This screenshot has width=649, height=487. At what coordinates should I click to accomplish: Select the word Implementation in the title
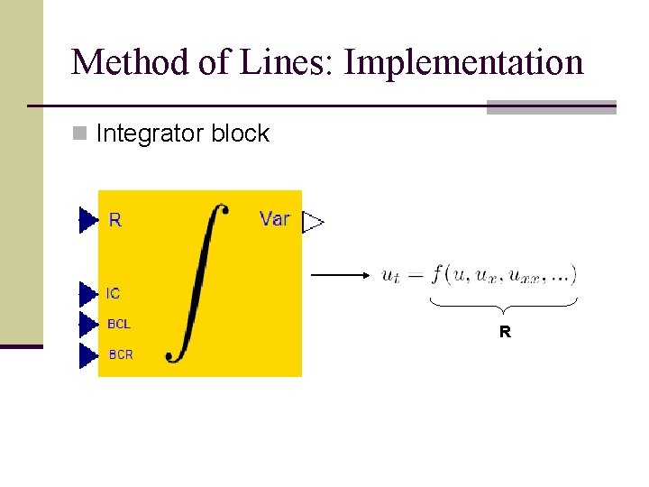(464, 63)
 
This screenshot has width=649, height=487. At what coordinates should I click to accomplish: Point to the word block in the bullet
(240, 133)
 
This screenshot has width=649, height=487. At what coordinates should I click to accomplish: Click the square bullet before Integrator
(80, 134)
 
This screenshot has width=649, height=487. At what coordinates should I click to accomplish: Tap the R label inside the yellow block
(115, 219)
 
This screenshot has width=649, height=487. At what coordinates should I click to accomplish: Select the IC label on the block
(113, 294)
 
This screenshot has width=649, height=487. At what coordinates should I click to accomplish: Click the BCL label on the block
(119, 324)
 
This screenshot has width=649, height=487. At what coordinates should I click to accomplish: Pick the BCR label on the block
(121, 354)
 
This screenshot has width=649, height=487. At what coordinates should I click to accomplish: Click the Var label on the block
(274, 218)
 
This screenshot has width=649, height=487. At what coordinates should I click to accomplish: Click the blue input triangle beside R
(87, 220)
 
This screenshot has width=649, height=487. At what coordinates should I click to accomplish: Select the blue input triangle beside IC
(87, 294)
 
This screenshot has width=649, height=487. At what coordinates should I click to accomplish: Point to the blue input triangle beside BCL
(87, 325)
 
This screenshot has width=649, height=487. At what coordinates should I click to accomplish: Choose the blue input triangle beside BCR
(87, 355)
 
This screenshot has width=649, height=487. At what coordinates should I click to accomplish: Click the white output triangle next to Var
(313, 223)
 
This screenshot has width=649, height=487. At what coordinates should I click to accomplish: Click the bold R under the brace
(505, 332)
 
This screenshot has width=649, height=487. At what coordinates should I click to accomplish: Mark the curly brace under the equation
(504, 304)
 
